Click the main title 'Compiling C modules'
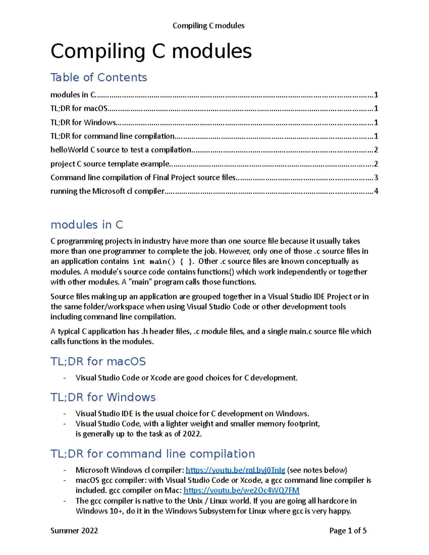click(151, 51)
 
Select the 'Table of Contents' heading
click(99, 77)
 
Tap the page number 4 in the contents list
click(376, 191)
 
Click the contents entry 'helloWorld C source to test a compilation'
click(121, 150)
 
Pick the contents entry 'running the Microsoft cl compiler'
click(107, 191)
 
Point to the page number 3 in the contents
click(376, 178)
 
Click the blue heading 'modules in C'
click(87, 225)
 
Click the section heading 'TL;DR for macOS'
click(98, 361)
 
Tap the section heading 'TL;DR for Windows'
click(103, 397)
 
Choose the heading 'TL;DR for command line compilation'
click(153, 454)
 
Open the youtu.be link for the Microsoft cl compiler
click(235, 470)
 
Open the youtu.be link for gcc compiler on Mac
click(241, 490)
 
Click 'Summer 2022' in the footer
click(74, 531)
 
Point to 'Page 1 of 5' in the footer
click(348, 531)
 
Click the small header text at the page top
click(208, 26)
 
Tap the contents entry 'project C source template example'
click(110, 164)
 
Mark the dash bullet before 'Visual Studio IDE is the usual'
click(65, 414)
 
